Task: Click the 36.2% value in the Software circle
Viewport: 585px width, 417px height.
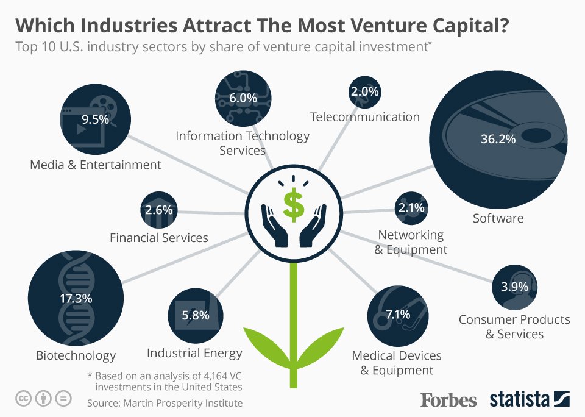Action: [498, 138]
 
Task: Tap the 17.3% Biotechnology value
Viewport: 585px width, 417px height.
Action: [76, 299]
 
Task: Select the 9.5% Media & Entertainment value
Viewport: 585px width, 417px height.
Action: [95, 119]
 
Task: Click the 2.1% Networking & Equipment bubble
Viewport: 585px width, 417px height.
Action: [411, 208]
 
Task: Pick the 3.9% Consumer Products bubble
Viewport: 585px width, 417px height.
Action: [514, 287]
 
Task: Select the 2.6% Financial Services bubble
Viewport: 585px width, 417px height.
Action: [159, 210]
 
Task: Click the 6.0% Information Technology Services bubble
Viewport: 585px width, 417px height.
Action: [243, 98]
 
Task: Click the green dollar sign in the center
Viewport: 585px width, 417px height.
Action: [294, 205]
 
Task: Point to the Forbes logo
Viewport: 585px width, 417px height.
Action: [448, 400]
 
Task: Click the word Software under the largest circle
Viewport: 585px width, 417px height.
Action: [498, 218]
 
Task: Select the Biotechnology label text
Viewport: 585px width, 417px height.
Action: [76, 355]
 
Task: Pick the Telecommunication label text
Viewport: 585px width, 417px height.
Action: [364, 116]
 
